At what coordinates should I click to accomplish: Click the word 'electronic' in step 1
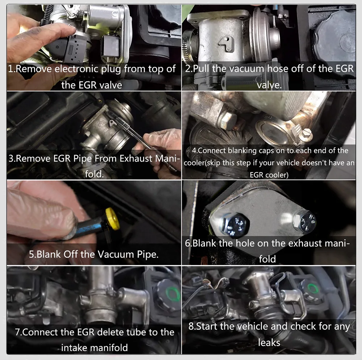75,69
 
